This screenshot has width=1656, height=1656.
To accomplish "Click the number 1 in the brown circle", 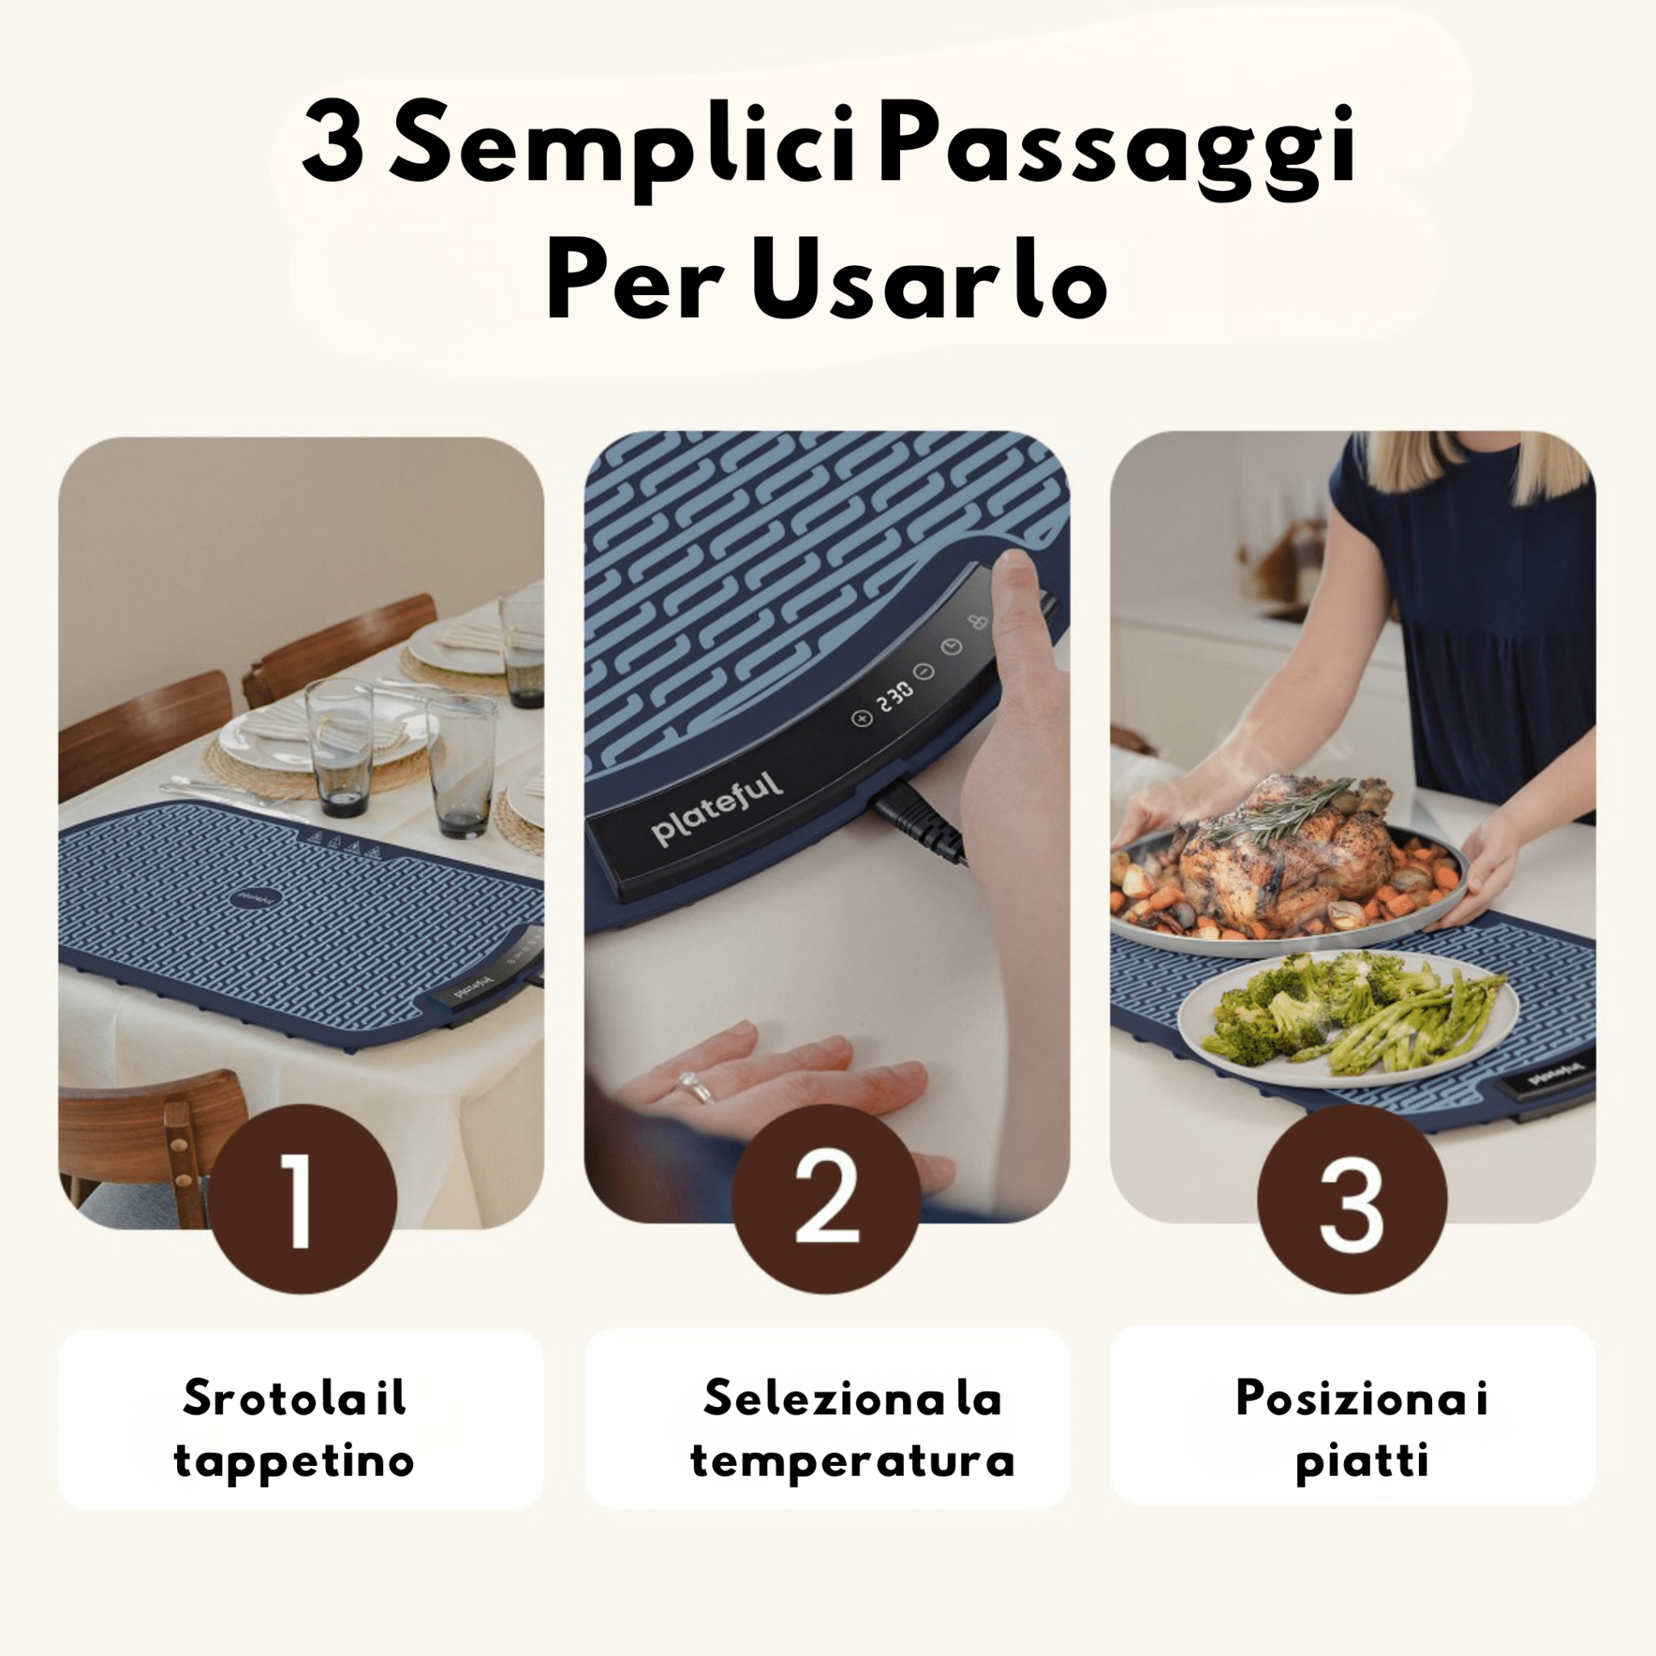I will [302, 1199].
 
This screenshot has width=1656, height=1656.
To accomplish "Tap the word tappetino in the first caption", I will [294, 1461].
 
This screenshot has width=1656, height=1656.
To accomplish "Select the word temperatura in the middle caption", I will [852, 1461].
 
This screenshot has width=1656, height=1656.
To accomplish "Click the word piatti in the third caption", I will [1362, 1461].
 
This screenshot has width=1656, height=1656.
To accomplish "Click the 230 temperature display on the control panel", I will [894, 697].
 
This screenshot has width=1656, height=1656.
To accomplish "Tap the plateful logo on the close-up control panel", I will [716, 808].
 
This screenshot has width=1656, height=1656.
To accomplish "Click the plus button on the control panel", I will [861, 717].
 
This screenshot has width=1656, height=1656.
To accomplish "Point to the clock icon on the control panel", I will [952, 647].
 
